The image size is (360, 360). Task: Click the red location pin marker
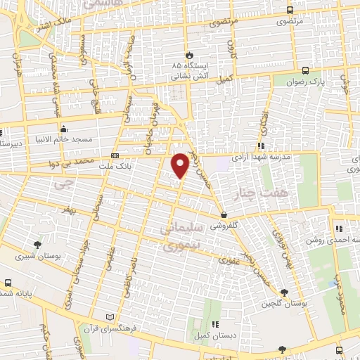point(181,165)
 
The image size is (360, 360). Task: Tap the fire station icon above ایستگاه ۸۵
point(188,55)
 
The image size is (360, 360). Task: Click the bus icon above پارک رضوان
point(305,70)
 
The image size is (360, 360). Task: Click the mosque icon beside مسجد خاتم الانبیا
point(64,129)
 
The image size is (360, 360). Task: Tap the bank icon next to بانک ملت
point(115,156)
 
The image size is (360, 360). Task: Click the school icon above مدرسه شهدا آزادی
point(261,146)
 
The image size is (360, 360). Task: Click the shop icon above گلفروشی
point(224,215)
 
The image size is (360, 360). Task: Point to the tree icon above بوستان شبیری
point(37,244)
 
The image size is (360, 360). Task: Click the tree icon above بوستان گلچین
point(284,292)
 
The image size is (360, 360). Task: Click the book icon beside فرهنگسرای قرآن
point(108,318)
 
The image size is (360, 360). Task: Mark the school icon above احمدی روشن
point(339,228)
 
